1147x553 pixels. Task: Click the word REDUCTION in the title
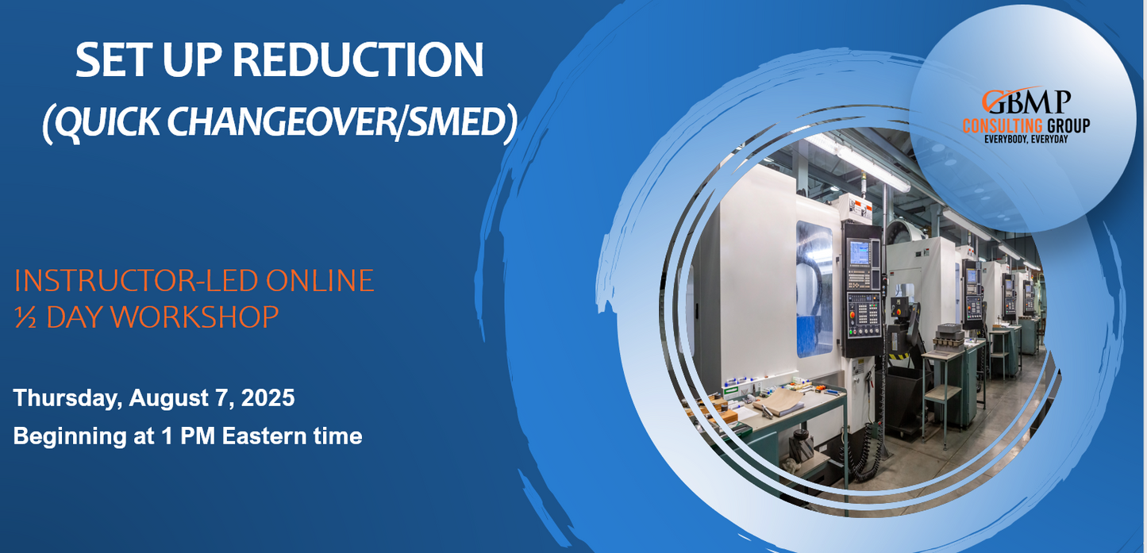pyautogui.click(x=358, y=60)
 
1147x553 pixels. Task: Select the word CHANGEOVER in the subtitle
pyautogui.click(x=280, y=122)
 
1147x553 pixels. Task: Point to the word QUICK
pyautogui.click(x=107, y=123)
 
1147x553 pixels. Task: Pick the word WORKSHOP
pyautogui.click(x=163, y=317)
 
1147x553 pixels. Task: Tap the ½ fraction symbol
pyautogui.click(x=25, y=317)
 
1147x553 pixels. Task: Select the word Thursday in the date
pyautogui.click(x=67, y=397)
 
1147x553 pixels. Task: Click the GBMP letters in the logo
pyautogui.click(x=1026, y=102)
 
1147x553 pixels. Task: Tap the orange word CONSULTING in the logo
pyautogui.click(x=1003, y=125)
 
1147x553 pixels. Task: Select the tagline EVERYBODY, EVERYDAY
pyautogui.click(x=1026, y=140)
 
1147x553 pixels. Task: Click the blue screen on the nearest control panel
pyautogui.click(x=860, y=252)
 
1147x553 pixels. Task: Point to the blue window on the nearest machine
pyautogui.click(x=814, y=290)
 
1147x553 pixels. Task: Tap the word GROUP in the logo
pyautogui.click(x=1068, y=125)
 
